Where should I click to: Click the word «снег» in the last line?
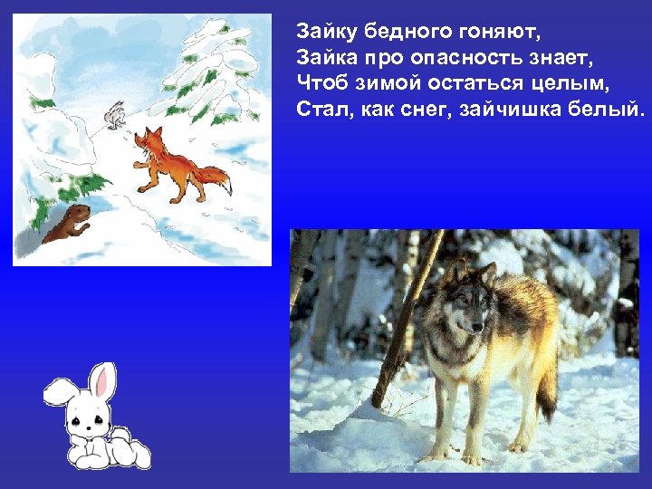click(x=437, y=110)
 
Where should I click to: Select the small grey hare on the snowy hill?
click(x=113, y=115)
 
